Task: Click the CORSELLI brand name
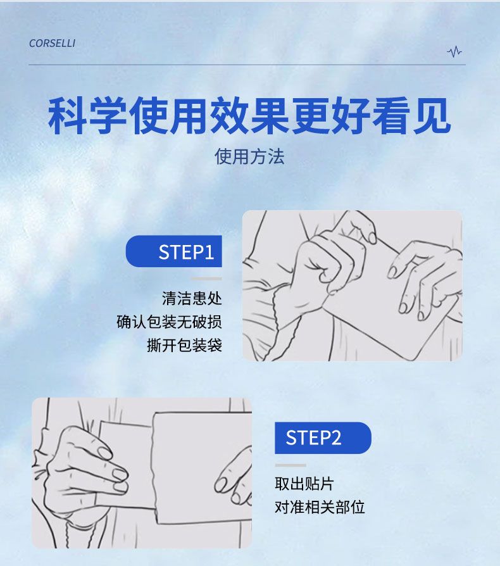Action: point(53,43)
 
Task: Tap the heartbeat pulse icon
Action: point(454,52)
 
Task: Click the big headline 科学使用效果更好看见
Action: point(249,116)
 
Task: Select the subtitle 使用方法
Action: point(249,156)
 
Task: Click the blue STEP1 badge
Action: point(174,251)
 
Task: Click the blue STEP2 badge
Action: point(323,438)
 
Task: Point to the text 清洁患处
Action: point(192,299)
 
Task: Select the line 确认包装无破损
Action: point(169,322)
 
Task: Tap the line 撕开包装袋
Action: point(184,345)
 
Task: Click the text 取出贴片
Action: point(304,484)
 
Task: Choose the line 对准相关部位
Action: point(320,507)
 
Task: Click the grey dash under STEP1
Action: point(206,279)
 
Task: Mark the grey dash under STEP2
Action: point(291,465)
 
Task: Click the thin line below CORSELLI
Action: point(247,65)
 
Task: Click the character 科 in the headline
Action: point(68,116)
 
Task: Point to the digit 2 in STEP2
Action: point(335,438)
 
